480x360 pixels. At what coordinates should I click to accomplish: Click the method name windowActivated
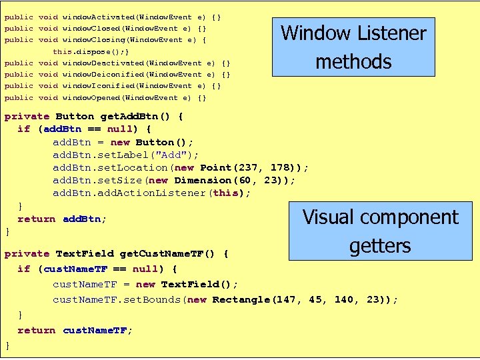tap(97, 16)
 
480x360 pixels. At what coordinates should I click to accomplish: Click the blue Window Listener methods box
tap(353, 47)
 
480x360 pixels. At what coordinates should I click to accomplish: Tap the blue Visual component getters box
tap(380, 231)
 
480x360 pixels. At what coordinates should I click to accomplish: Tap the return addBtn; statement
tap(62, 219)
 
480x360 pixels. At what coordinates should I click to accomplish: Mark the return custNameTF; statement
tap(75, 330)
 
